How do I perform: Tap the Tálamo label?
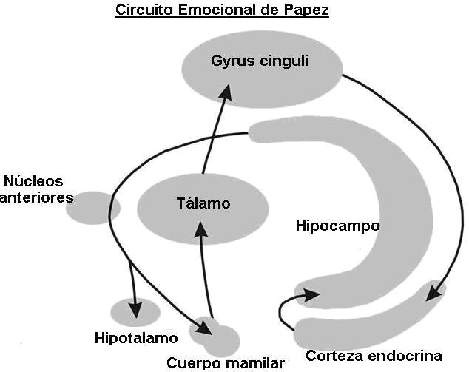click(x=204, y=203)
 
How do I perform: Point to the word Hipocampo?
click(x=337, y=225)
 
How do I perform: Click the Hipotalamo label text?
click(x=136, y=339)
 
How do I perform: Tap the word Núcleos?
click(x=34, y=181)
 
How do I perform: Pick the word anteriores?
click(x=36, y=197)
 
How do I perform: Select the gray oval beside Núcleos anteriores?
click(x=92, y=207)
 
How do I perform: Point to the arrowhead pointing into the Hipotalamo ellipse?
click(x=135, y=306)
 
